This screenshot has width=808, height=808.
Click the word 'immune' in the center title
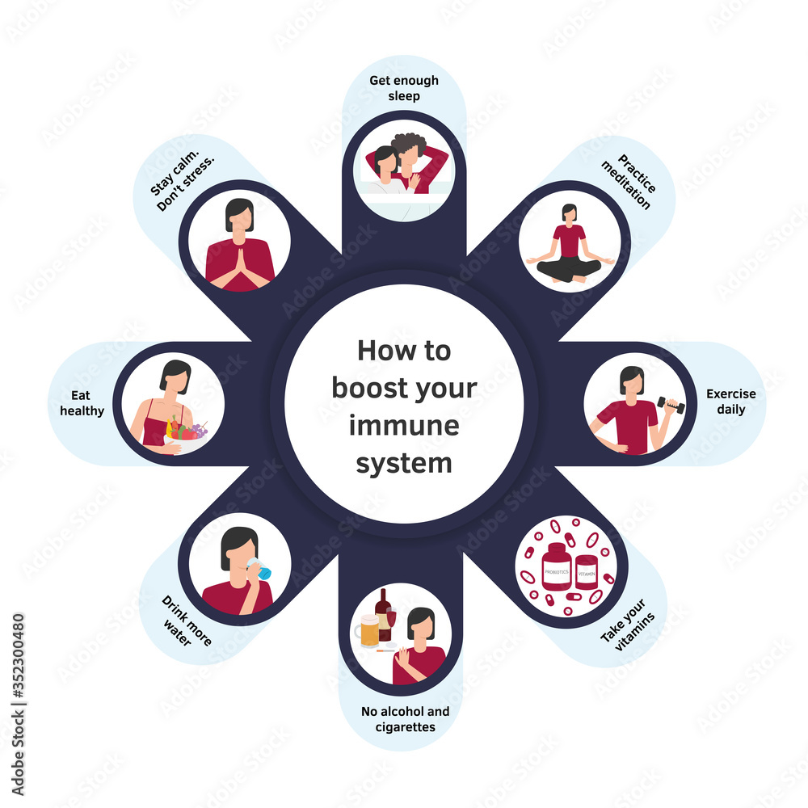click(404, 426)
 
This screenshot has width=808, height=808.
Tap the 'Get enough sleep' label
click(404, 88)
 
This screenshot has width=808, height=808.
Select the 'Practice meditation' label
click(629, 181)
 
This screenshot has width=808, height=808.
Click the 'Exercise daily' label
click(730, 402)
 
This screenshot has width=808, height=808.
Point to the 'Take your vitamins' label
click(628, 625)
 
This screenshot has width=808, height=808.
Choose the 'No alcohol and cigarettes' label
click(405, 719)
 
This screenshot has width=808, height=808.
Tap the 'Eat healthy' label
click(82, 403)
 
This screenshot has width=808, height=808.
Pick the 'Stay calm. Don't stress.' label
click(182, 181)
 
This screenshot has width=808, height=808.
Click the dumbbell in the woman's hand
click(671, 405)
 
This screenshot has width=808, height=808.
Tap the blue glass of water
click(260, 569)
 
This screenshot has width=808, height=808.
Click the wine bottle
click(383, 614)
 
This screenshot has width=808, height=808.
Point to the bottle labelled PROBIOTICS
click(557, 566)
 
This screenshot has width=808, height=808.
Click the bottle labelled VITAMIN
click(587, 571)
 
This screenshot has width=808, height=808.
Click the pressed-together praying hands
click(239, 265)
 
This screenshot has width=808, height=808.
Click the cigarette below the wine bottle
click(386, 650)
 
